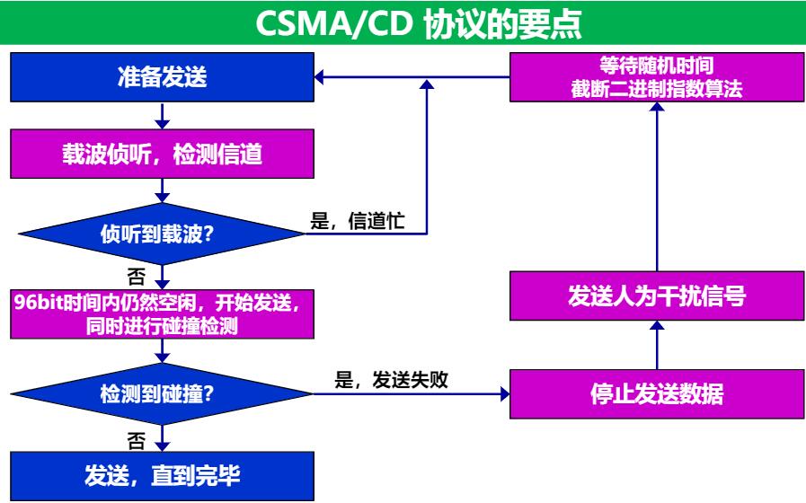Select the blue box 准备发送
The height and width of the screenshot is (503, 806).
coord(162,77)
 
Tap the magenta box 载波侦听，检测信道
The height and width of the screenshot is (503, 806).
coord(162,154)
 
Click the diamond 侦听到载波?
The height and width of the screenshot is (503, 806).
coord(162,235)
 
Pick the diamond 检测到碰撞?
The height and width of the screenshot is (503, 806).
coord(162,393)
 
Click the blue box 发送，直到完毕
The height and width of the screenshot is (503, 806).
coord(162,474)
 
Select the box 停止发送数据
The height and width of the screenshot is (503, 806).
coord(657,394)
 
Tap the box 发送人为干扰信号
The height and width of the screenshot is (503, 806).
coord(657,296)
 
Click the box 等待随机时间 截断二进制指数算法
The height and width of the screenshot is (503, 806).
coord(657,77)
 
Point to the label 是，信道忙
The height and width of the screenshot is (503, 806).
coord(358,222)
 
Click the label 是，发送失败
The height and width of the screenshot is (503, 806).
coord(391,380)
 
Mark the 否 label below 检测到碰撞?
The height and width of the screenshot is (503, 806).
coord(137,440)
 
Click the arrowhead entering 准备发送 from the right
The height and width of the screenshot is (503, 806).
coord(320,79)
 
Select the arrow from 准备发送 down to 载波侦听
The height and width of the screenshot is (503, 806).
coord(162,115)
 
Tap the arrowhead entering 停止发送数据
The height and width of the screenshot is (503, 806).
coord(502,393)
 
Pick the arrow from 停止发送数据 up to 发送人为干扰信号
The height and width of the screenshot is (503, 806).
coord(657,346)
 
